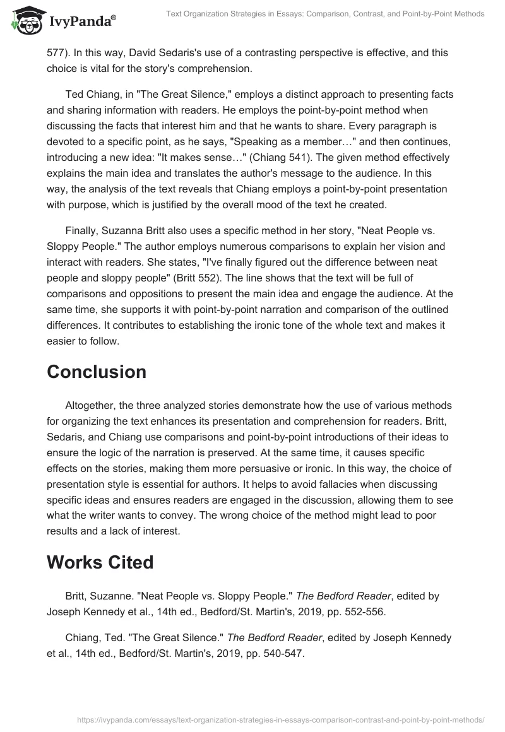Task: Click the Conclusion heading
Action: (x=96, y=372)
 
